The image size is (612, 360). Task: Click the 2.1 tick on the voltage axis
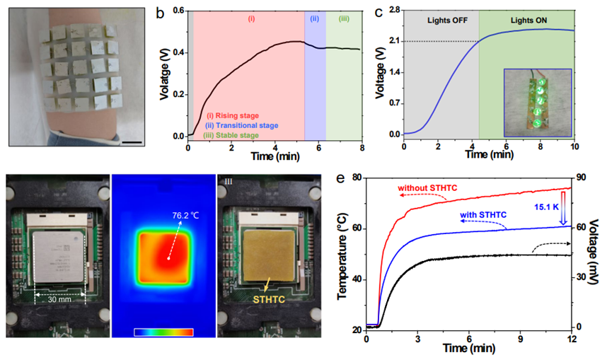(395, 41)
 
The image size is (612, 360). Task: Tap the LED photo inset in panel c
(538, 102)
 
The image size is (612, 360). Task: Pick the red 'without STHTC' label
(427, 188)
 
